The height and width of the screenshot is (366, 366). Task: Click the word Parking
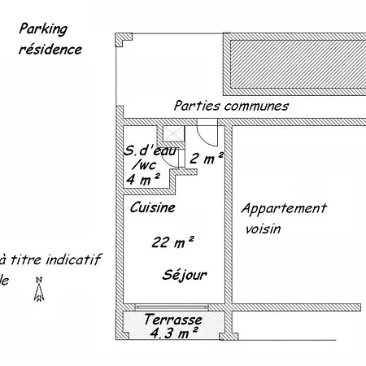coord(43,29)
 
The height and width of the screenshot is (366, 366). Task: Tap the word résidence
coord(50,50)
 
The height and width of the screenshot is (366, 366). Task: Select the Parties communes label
coord(231,106)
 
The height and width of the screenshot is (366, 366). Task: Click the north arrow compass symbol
coord(39,289)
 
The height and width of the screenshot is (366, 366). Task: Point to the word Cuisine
coord(153,207)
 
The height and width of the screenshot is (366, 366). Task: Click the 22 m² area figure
coord(172,242)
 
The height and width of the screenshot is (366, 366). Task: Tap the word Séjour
coord(185,275)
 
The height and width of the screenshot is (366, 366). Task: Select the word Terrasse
coord(173,320)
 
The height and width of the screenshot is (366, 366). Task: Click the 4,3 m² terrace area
coord(174,333)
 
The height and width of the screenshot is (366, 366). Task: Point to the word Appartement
coord(284,209)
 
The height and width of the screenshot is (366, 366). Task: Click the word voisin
coord(263,229)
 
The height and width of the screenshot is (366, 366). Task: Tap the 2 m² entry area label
coord(207,158)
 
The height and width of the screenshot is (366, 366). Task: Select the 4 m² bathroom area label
coord(143,179)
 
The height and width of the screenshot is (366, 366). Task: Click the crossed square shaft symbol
coord(174,133)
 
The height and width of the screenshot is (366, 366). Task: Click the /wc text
coord(144,165)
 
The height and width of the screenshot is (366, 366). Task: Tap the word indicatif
coord(73,259)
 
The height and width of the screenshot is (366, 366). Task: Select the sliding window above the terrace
coord(172,307)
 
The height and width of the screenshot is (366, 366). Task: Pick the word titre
coord(26,259)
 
